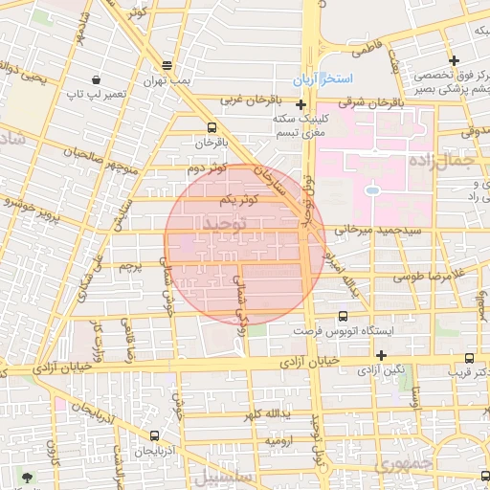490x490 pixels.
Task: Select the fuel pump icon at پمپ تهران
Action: click(167, 66)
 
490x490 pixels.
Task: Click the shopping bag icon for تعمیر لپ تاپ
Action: click(96, 79)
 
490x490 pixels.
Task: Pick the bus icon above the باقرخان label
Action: click(212, 126)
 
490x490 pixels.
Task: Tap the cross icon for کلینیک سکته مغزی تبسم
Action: click(301, 104)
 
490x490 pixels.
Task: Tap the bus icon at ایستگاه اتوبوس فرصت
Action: click(343, 316)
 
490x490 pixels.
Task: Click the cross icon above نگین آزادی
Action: click(381, 355)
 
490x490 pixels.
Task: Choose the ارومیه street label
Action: click(279, 441)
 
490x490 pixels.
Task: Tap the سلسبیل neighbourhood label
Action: click(220, 476)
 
